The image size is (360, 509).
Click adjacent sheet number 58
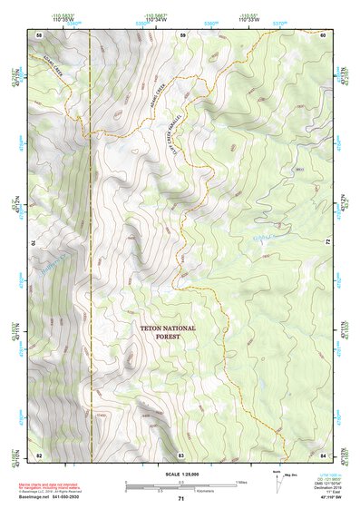39,34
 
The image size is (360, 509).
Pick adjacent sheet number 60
324,34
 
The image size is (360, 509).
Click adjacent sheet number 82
39,454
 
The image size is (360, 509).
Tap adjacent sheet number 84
324,454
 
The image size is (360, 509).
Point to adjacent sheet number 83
180,454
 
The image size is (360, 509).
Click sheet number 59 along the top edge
181,34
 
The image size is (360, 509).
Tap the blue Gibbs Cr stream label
262,238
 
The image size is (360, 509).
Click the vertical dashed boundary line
91,272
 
